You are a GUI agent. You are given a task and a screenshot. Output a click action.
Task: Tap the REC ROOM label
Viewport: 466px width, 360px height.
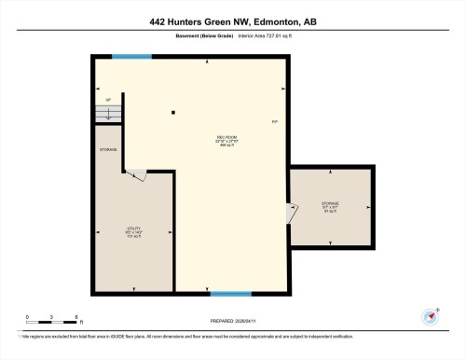click(224, 141)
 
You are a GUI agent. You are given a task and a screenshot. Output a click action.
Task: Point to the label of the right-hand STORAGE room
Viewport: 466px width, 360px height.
click(330, 204)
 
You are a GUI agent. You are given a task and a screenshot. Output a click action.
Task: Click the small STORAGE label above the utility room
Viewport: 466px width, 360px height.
click(108, 149)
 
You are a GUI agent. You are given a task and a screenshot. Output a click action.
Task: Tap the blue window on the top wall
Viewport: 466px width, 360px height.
click(131, 57)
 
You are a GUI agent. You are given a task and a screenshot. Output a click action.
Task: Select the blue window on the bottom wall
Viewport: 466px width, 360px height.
click(230, 294)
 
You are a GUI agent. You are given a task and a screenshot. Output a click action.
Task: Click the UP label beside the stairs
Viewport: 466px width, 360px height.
click(108, 100)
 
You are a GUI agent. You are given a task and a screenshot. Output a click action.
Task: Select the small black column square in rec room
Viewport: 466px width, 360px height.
click(173, 114)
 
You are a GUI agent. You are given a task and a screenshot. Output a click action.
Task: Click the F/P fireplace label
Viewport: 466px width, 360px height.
click(274, 123)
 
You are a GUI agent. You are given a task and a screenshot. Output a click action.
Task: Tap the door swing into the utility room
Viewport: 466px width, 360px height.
click(135, 173)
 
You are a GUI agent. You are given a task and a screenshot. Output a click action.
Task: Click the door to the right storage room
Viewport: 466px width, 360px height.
click(293, 214)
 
